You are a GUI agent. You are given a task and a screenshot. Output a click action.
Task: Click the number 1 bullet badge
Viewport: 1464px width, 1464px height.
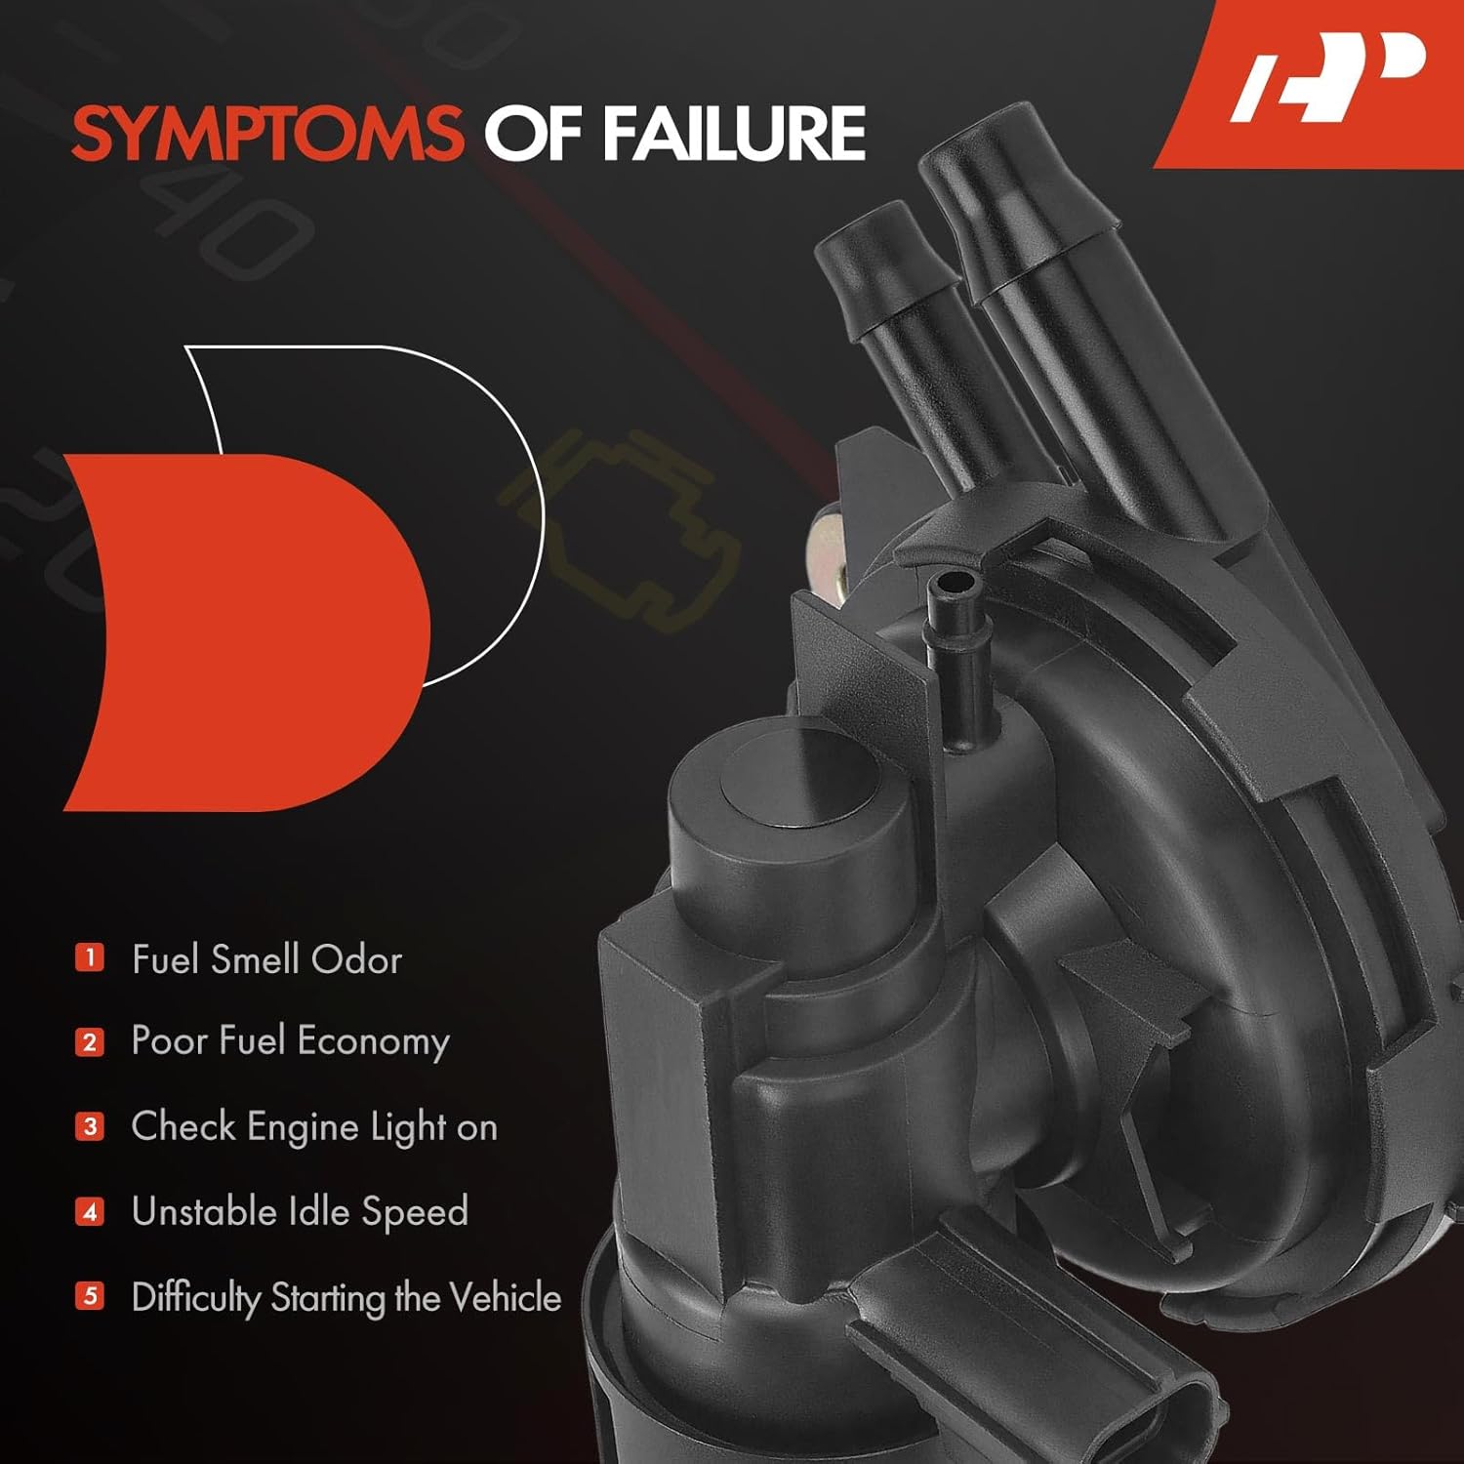[x=90, y=957]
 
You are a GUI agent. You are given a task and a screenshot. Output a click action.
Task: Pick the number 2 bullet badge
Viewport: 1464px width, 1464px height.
[x=90, y=1041]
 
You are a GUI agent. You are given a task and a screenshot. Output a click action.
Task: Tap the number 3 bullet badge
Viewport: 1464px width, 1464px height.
[x=90, y=1127]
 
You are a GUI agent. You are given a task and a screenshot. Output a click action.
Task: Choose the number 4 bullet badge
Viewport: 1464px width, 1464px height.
[x=90, y=1212]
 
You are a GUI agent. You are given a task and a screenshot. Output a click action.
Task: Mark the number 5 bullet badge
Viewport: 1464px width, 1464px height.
[x=90, y=1296]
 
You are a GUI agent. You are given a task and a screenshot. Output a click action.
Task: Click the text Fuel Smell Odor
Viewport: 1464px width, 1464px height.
[x=266, y=959]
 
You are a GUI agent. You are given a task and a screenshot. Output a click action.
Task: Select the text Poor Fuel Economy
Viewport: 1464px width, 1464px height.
[x=290, y=1041]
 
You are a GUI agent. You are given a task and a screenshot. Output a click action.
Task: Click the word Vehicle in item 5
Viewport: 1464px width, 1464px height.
[x=506, y=1297]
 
